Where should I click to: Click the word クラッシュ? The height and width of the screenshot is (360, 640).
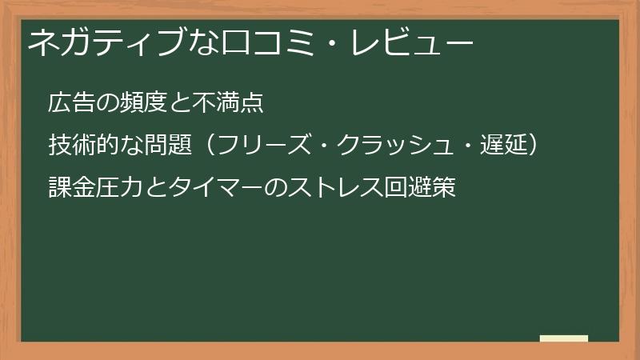[386, 146]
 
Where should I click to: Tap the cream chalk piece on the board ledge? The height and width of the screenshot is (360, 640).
[564, 338]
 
